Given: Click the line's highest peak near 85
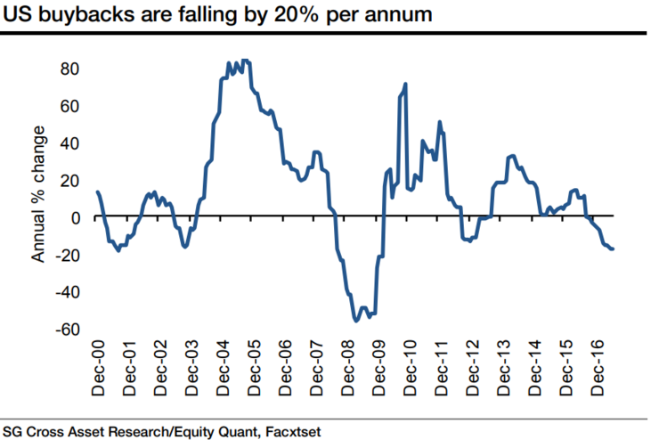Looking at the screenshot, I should point(245,61).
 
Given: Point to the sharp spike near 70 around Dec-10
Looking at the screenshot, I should point(406,85).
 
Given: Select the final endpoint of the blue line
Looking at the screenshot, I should point(613,248).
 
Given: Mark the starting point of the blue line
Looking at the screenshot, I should point(96,192).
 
